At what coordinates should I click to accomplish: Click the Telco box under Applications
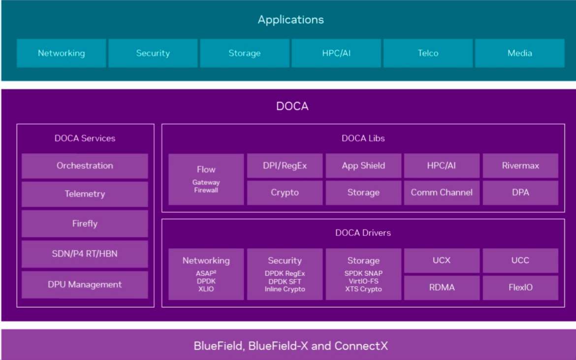tap(428, 53)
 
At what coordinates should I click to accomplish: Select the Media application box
tap(520, 53)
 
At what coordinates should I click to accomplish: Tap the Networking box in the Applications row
tap(62, 53)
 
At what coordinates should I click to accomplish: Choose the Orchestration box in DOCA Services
tap(85, 165)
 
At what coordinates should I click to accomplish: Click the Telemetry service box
tap(85, 194)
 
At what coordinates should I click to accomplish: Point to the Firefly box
tap(85, 224)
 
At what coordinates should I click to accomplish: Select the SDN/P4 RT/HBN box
tap(85, 254)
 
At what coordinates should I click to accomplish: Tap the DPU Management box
tap(85, 285)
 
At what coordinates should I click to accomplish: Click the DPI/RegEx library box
tap(285, 165)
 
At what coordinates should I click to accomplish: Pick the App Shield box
tap(363, 165)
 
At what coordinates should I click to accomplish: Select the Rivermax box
tap(520, 165)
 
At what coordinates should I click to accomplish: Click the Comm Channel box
tap(442, 193)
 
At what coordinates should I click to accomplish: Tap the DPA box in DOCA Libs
tap(520, 193)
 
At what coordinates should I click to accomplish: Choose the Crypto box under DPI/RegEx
tap(285, 193)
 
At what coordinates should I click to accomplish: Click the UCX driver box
tap(442, 261)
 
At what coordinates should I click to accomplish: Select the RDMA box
tap(442, 288)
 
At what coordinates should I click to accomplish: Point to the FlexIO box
tap(520, 288)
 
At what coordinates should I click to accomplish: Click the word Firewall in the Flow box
tap(206, 190)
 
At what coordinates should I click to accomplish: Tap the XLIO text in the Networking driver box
tap(206, 289)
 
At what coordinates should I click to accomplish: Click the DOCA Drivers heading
tap(363, 233)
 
